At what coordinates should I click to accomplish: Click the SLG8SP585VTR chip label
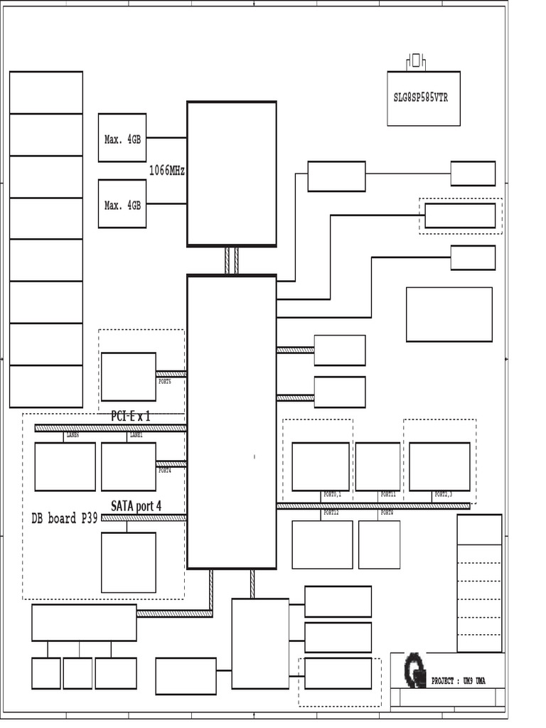421,98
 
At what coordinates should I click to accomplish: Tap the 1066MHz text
167,171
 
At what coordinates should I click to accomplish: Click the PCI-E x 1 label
131,417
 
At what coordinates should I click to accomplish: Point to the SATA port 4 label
136,506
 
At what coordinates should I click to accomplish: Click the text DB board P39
65,518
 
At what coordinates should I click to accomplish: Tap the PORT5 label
164,382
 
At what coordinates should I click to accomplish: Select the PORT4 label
164,471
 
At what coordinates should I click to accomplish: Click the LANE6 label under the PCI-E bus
73,435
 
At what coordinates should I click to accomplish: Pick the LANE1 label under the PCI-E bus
136,435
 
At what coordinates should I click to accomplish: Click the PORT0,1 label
332,494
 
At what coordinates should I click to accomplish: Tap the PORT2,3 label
443,494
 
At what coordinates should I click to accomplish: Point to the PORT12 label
331,513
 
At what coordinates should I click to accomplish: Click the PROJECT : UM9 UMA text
459,681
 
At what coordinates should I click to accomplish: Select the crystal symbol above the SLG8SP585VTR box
416,61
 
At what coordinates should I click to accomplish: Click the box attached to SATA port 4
129,562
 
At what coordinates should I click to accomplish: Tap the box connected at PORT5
129,377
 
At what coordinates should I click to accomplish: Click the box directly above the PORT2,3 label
439,466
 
